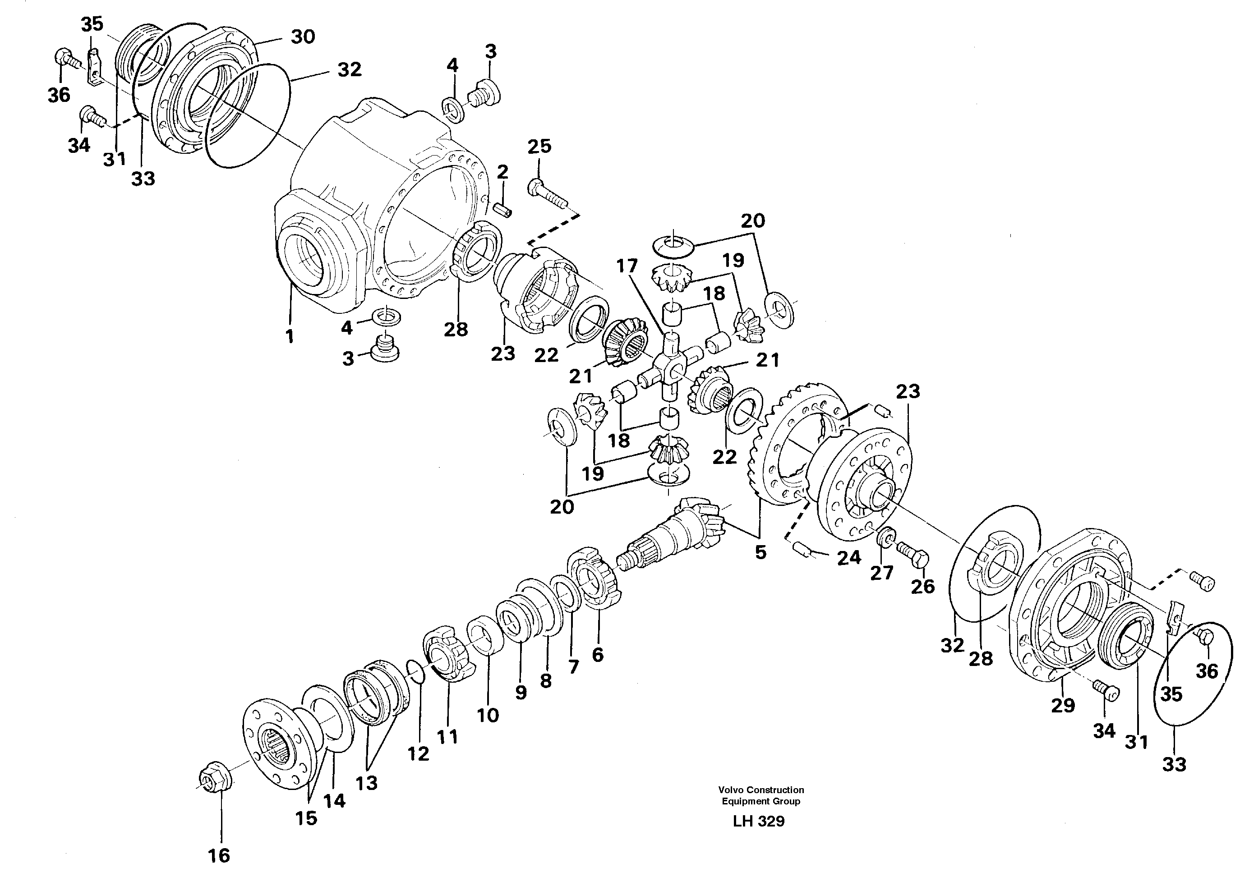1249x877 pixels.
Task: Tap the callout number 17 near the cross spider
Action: pos(627,266)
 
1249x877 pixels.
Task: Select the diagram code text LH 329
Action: pos(758,821)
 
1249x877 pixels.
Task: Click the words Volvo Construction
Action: pos(760,790)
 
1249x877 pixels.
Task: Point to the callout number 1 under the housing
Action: pos(290,336)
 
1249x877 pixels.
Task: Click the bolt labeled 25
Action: pos(547,193)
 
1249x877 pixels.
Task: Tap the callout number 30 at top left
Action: pos(303,37)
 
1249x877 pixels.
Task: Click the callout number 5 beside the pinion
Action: pos(760,552)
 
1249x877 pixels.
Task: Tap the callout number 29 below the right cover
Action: pos(1062,706)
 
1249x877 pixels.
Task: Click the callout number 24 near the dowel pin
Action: pos(848,558)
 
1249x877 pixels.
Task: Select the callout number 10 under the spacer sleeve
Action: pos(488,715)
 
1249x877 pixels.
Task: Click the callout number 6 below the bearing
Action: pos(597,655)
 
